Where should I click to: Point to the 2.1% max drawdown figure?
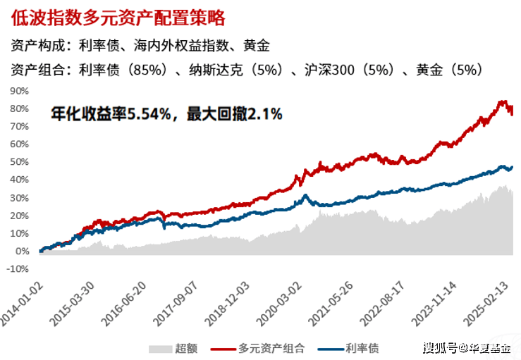pyautogui.click(x=264, y=113)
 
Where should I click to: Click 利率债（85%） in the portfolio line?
pyautogui.click(x=121, y=69)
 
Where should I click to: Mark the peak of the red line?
pyautogui.click(x=503, y=101)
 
